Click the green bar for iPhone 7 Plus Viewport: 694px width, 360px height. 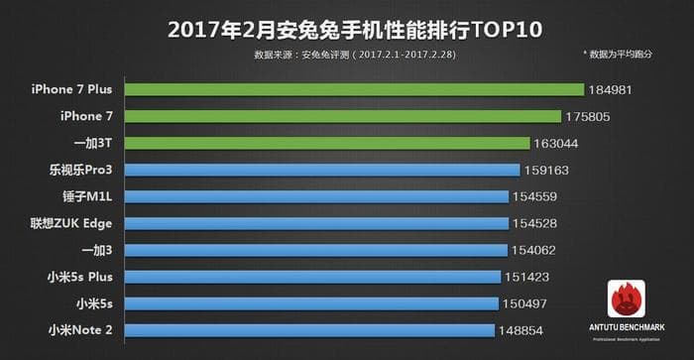[347, 90]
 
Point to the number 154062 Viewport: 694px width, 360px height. [535, 250]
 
